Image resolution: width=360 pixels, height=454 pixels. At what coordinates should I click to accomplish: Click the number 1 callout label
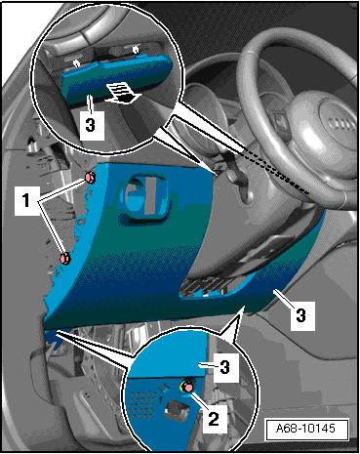tap(26, 200)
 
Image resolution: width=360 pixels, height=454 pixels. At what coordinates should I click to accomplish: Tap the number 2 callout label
tap(214, 419)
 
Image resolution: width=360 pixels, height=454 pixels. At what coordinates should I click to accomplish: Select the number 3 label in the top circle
tap(91, 125)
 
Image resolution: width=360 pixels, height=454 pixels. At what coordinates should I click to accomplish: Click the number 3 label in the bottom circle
tap(225, 368)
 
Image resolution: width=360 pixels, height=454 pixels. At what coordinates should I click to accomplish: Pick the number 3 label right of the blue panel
tap(301, 315)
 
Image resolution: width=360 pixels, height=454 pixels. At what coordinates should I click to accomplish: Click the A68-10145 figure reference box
tap(306, 430)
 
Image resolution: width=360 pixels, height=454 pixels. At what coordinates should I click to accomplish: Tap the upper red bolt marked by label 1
tap(90, 178)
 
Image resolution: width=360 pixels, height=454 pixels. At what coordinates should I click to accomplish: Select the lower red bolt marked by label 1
tap(65, 259)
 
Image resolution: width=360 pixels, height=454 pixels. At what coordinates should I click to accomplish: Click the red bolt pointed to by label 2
tap(187, 387)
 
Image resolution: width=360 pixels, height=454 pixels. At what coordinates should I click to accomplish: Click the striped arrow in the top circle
tap(124, 93)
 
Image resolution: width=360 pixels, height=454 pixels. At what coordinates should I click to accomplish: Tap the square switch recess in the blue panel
tap(145, 200)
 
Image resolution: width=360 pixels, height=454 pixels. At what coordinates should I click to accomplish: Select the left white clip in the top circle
tap(77, 63)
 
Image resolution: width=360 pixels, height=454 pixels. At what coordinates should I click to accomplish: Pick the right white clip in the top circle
tap(136, 50)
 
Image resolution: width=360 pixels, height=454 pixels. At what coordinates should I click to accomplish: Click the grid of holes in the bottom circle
tap(142, 403)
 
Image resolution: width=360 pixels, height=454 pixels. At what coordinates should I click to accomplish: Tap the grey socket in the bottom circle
tap(178, 412)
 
